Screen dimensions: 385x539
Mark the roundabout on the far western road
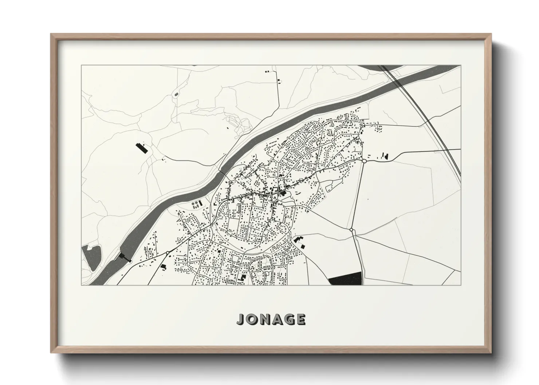[168, 252]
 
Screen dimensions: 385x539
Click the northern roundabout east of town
[364, 160]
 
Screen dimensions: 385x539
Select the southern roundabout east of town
[351, 230]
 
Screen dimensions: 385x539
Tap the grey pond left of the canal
[91, 257]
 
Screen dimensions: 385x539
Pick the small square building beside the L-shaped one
[303, 246]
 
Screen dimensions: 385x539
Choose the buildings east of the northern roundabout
[384, 156]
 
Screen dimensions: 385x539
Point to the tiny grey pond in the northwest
[176, 95]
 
